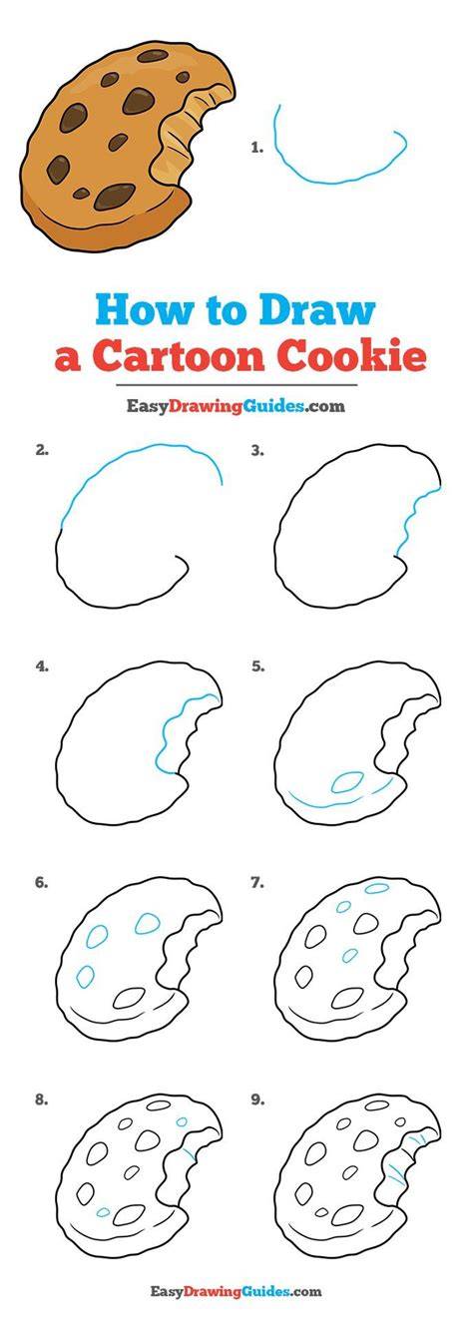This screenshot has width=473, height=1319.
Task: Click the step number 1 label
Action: [x=256, y=148]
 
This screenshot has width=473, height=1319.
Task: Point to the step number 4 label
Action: [x=41, y=666]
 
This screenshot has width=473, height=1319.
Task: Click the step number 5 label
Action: [x=257, y=666]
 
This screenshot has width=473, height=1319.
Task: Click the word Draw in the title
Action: [x=317, y=310]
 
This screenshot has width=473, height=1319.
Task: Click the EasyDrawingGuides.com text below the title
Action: [x=236, y=406]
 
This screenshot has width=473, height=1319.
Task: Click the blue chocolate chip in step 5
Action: [x=347, y=782]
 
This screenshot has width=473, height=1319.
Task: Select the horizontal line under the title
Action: [x=236, y=385]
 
